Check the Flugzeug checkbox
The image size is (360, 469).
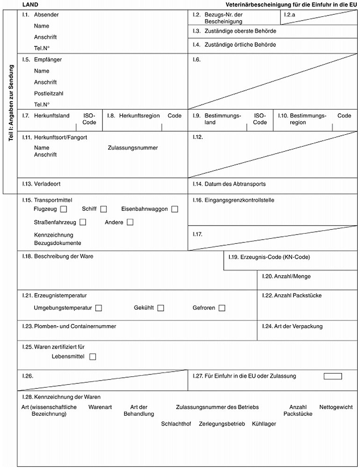click(64, 209)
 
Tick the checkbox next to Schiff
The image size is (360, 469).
click(103, 209)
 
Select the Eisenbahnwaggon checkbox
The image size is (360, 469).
click(175, 209)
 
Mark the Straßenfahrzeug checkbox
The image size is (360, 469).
click(83, 222)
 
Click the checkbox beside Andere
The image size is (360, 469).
click(130, 222)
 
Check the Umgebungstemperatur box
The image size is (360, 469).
click(98, 308)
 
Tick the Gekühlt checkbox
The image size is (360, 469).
click(161, 308)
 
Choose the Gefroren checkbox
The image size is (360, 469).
click(221, 308)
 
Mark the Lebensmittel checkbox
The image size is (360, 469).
click(92, 357)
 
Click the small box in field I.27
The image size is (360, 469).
click(332, 376)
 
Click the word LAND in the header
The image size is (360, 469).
click(24, 4)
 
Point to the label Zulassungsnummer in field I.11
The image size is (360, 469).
click(132, 148)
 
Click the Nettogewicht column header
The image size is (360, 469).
click(336, 407)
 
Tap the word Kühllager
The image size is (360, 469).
click(264, 424)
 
